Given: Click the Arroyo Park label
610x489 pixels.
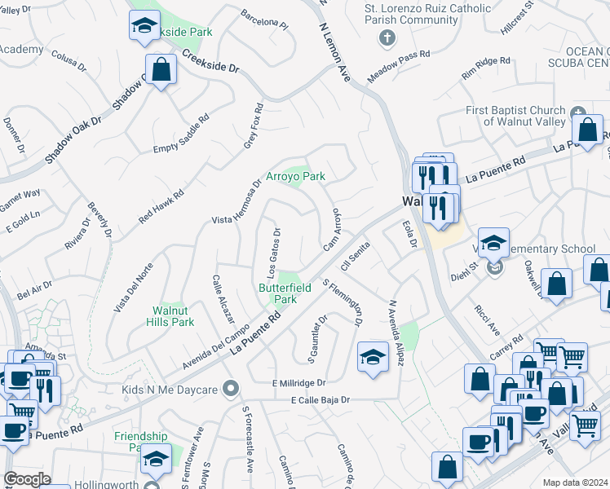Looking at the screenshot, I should pos(295,176).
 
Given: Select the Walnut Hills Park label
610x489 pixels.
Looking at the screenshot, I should pos(173,316).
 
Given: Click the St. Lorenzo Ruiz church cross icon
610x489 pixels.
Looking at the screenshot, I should pos(387,37).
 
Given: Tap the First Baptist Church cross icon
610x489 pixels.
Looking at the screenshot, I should pos(578,112).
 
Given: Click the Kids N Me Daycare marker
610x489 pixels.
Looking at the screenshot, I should pos(232,389).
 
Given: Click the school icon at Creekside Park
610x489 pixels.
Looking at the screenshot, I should pos(145,26).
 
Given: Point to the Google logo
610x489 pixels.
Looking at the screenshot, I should pos(27,479).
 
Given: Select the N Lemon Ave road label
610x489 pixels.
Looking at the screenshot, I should pos(334,52).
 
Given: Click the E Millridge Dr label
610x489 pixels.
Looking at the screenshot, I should pos(299,382).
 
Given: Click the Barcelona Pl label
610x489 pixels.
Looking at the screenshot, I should pos(264,20).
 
